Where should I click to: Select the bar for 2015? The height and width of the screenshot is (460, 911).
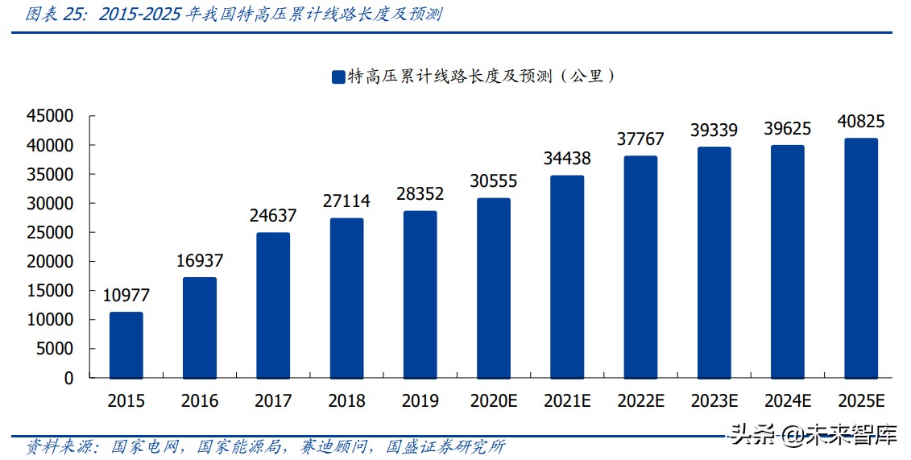pyautogui.click(x=126, y=345)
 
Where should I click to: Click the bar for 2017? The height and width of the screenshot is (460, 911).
pyautogui.click(x=273, y=305)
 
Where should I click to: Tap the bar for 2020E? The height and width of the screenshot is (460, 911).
pyautogui.click(x=493, y=288)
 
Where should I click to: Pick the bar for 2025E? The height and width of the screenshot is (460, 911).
pyautogui.click(x=861, y=258)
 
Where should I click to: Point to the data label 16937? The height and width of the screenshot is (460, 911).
pyautogui.click(x=200, y=260)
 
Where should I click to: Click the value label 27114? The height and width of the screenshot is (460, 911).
pyautogui.click(x=346, y=201)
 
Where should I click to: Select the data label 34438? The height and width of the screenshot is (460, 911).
pyautogui.click(x=567, y=159)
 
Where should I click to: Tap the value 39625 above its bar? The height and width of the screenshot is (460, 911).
pyautogui.click(x=788, y=128)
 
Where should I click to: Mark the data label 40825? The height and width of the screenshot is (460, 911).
pyautogui.click(x=861, y=122)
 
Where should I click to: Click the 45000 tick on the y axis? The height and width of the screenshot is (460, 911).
pyautogui.click(x=50, y=116)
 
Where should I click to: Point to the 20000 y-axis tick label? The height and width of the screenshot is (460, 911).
pyautogui.click(x=50, y=262)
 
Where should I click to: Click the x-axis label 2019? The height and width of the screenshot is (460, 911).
pyautogui.click(x=420, y=400)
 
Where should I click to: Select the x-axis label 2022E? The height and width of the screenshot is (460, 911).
pyautogui.click(x=640, y=400)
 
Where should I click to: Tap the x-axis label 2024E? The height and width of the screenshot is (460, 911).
pyautogui.click(x=788, y=400)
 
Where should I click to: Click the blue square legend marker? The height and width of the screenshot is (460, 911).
pyautogui.click(x=337, y=77)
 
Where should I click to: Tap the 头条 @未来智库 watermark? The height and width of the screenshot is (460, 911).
pyautogui.click(x=814, y=436)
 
